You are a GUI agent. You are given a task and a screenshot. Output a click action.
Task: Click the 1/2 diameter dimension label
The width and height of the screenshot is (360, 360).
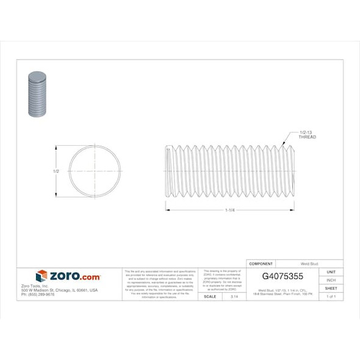pyautogui.click(x=56, y=171)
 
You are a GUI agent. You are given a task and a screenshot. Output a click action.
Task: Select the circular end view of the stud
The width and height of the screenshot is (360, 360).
pyautogui.click(x=95, y=171)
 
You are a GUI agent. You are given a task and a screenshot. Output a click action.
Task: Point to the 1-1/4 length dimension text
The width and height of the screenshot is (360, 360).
pyautogui.click(x=230, y=211)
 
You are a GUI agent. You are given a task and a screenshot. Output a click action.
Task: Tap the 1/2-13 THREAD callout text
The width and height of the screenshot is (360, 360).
pyautogui.click(x=307, y=135)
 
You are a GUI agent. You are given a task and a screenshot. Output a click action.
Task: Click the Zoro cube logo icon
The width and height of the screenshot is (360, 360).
pyautogui.click(x=41, y=276)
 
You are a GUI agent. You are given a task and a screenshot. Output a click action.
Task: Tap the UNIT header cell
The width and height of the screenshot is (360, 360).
pyautogui.click(x=331, y=272)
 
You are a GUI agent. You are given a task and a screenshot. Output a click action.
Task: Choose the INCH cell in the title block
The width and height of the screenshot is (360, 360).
pyautogui.click(x=331, y=280)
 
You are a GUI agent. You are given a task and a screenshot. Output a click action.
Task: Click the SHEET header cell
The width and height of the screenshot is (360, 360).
pyautogui.click(x=331, y=288)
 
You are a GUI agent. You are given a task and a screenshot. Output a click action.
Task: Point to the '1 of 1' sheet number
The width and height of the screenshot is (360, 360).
pyautogui.click(x=331, y=296)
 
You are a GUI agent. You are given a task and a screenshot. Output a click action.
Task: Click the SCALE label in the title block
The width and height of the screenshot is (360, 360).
pyautogui.click(x=209, y=296)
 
